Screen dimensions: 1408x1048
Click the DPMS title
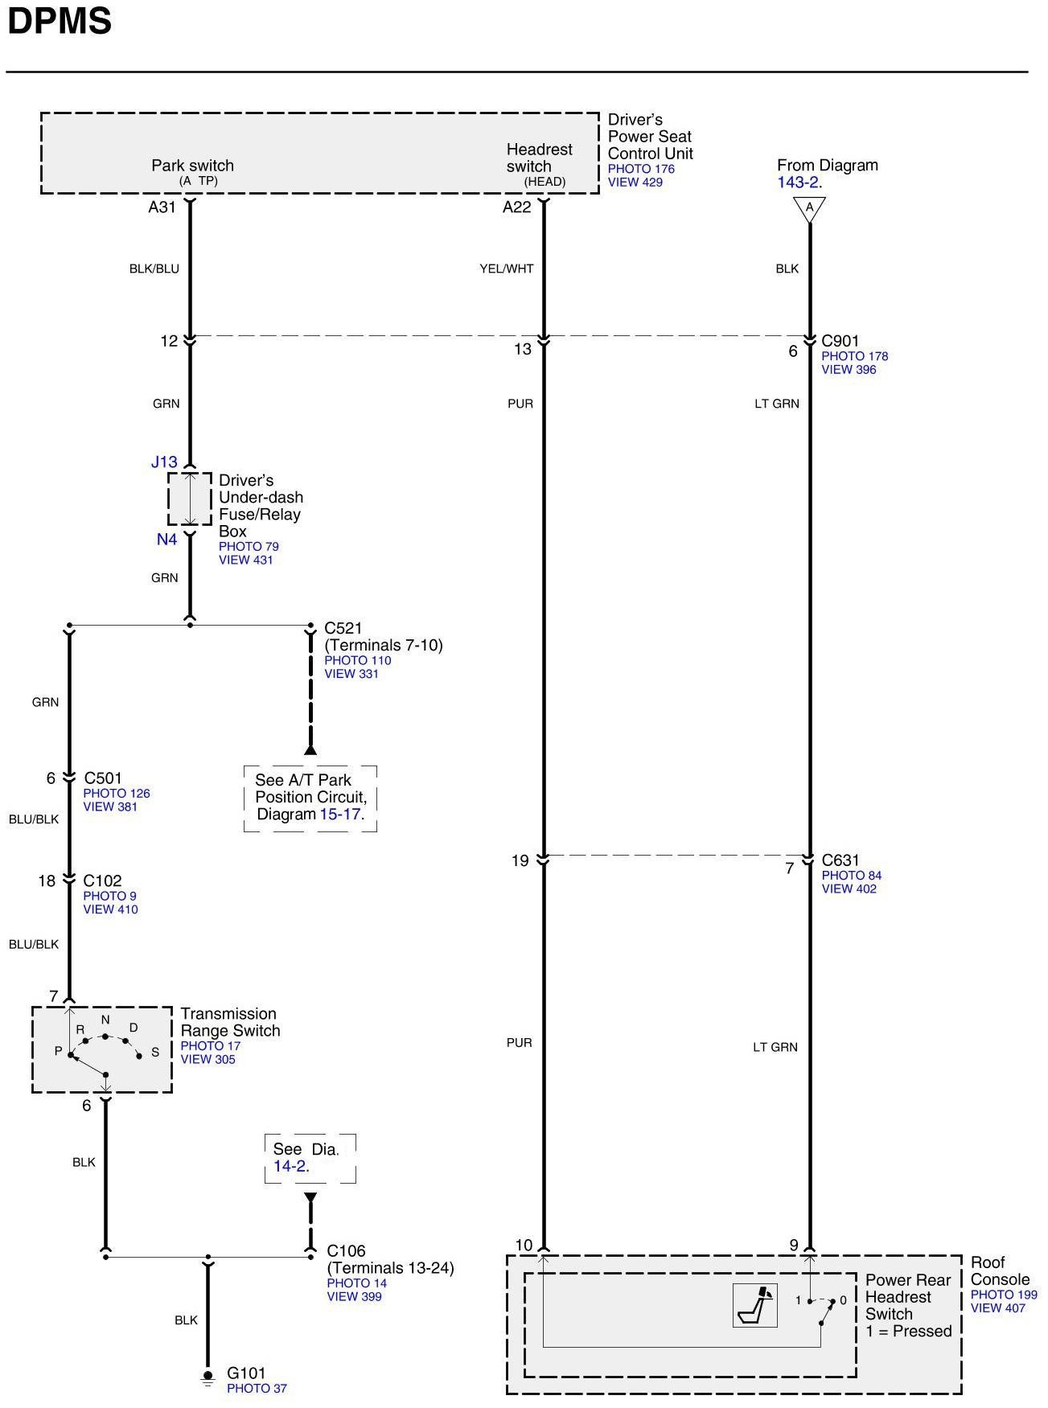60,22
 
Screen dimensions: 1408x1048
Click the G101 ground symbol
208,1377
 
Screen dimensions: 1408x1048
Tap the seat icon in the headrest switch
755,1304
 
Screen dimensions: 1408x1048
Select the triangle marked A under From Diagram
809,209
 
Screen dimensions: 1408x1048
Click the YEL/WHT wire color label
507,269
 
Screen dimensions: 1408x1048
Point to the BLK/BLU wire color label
154,269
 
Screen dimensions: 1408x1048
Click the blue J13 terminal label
164,462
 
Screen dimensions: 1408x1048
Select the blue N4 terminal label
166,540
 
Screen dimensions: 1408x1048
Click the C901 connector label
840,341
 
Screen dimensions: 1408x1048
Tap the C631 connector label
840,860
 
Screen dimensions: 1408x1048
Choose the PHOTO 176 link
641,169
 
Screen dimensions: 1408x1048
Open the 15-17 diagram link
339,814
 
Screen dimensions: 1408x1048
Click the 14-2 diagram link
290,1166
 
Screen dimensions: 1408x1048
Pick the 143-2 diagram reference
798,183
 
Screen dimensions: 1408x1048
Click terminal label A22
517,207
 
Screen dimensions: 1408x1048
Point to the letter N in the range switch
105,1020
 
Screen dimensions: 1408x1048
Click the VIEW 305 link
208,1059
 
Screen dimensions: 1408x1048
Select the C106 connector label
346,1250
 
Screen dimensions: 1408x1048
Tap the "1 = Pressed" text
909,1331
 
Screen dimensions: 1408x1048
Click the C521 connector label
343,628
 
